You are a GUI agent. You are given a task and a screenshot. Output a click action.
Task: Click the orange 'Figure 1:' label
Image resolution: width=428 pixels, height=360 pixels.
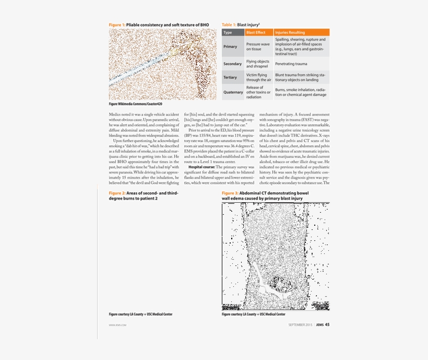[x=117, y=25]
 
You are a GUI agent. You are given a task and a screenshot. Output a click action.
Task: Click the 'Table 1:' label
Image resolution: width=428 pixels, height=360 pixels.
[x=229, y=25]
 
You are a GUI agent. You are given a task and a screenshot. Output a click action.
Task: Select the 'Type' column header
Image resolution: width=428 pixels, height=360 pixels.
[x=228, y=32]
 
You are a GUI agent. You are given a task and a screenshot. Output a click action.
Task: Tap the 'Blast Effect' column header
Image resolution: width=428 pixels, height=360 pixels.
[x=256, y=32]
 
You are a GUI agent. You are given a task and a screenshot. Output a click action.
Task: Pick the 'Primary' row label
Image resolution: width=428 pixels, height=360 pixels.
[x=230, y=47]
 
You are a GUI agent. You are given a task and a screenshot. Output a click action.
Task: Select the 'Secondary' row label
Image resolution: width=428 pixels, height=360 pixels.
[x=232, y=64]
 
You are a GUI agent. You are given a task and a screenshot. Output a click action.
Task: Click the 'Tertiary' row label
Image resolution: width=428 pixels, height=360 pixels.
[x=230, y=77]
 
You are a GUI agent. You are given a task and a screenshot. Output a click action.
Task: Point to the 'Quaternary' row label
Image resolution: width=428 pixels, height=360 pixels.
[x=233, y=92]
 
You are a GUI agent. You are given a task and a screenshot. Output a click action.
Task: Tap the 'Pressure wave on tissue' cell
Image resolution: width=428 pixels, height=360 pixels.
[x=258, y=47]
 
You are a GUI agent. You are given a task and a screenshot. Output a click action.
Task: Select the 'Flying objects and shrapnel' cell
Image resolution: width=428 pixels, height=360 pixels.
[x=258, y=64]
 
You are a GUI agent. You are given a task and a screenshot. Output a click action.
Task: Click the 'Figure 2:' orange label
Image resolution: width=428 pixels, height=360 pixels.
[x=117, y=193]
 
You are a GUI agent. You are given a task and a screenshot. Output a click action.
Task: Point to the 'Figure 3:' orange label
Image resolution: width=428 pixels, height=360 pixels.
[x=230, y=193]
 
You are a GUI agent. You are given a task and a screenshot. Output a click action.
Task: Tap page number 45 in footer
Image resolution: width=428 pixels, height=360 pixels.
[x=327, y=324]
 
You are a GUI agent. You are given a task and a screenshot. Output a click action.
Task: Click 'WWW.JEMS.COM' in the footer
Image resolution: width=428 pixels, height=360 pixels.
[x=117, y=325]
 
